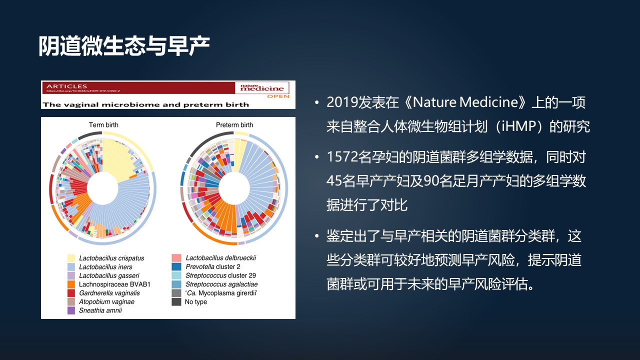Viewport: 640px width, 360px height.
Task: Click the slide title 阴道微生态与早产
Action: coord(124,46)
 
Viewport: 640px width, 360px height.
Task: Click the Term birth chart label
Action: coord(103,125)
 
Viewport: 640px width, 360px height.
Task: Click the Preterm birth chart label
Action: coord(234,125)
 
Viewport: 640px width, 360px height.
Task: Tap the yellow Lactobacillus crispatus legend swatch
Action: coord(72,258)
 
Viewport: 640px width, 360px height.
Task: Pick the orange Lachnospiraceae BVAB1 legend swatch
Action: coord(72,284)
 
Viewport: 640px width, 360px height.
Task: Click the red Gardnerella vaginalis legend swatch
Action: coord(72,293)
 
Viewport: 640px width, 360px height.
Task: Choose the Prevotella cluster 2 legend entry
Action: coord(212,267)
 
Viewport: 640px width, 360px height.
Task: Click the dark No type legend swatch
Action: coord(176,302)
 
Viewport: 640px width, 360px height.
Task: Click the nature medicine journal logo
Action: coord(262,87)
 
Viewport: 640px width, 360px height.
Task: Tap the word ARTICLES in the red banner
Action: coord(66,86)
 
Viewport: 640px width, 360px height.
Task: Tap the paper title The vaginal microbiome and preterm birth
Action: coord(145,104)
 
